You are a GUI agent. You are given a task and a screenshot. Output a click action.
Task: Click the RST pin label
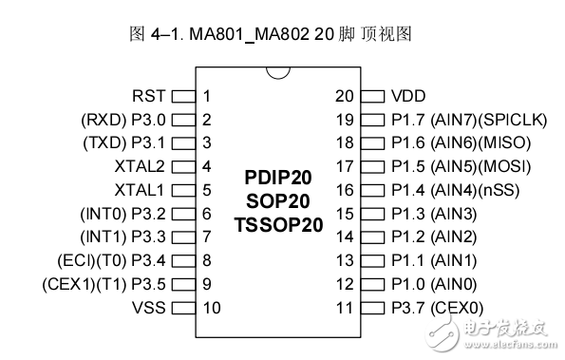tap(150, 96)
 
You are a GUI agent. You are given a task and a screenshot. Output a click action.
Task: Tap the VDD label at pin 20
tap(408, 96)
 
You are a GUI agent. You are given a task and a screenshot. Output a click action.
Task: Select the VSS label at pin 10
tap(150, 307)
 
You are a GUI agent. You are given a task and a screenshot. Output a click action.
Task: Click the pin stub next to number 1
tap(182, 96)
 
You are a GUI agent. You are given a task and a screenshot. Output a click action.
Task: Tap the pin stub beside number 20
tap(372, 96)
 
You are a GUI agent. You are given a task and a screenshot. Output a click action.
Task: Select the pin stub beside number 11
tap(372, 307)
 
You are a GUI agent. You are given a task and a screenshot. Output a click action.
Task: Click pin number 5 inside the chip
tap(206, 190)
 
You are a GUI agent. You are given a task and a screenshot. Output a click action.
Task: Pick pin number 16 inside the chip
tap(344, 190)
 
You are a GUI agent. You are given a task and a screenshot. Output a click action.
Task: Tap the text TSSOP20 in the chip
tap(277, 225)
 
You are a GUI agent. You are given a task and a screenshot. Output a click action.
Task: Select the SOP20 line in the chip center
tap(277, 201)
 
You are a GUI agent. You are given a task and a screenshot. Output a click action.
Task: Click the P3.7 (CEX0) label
tap(437, 307)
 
